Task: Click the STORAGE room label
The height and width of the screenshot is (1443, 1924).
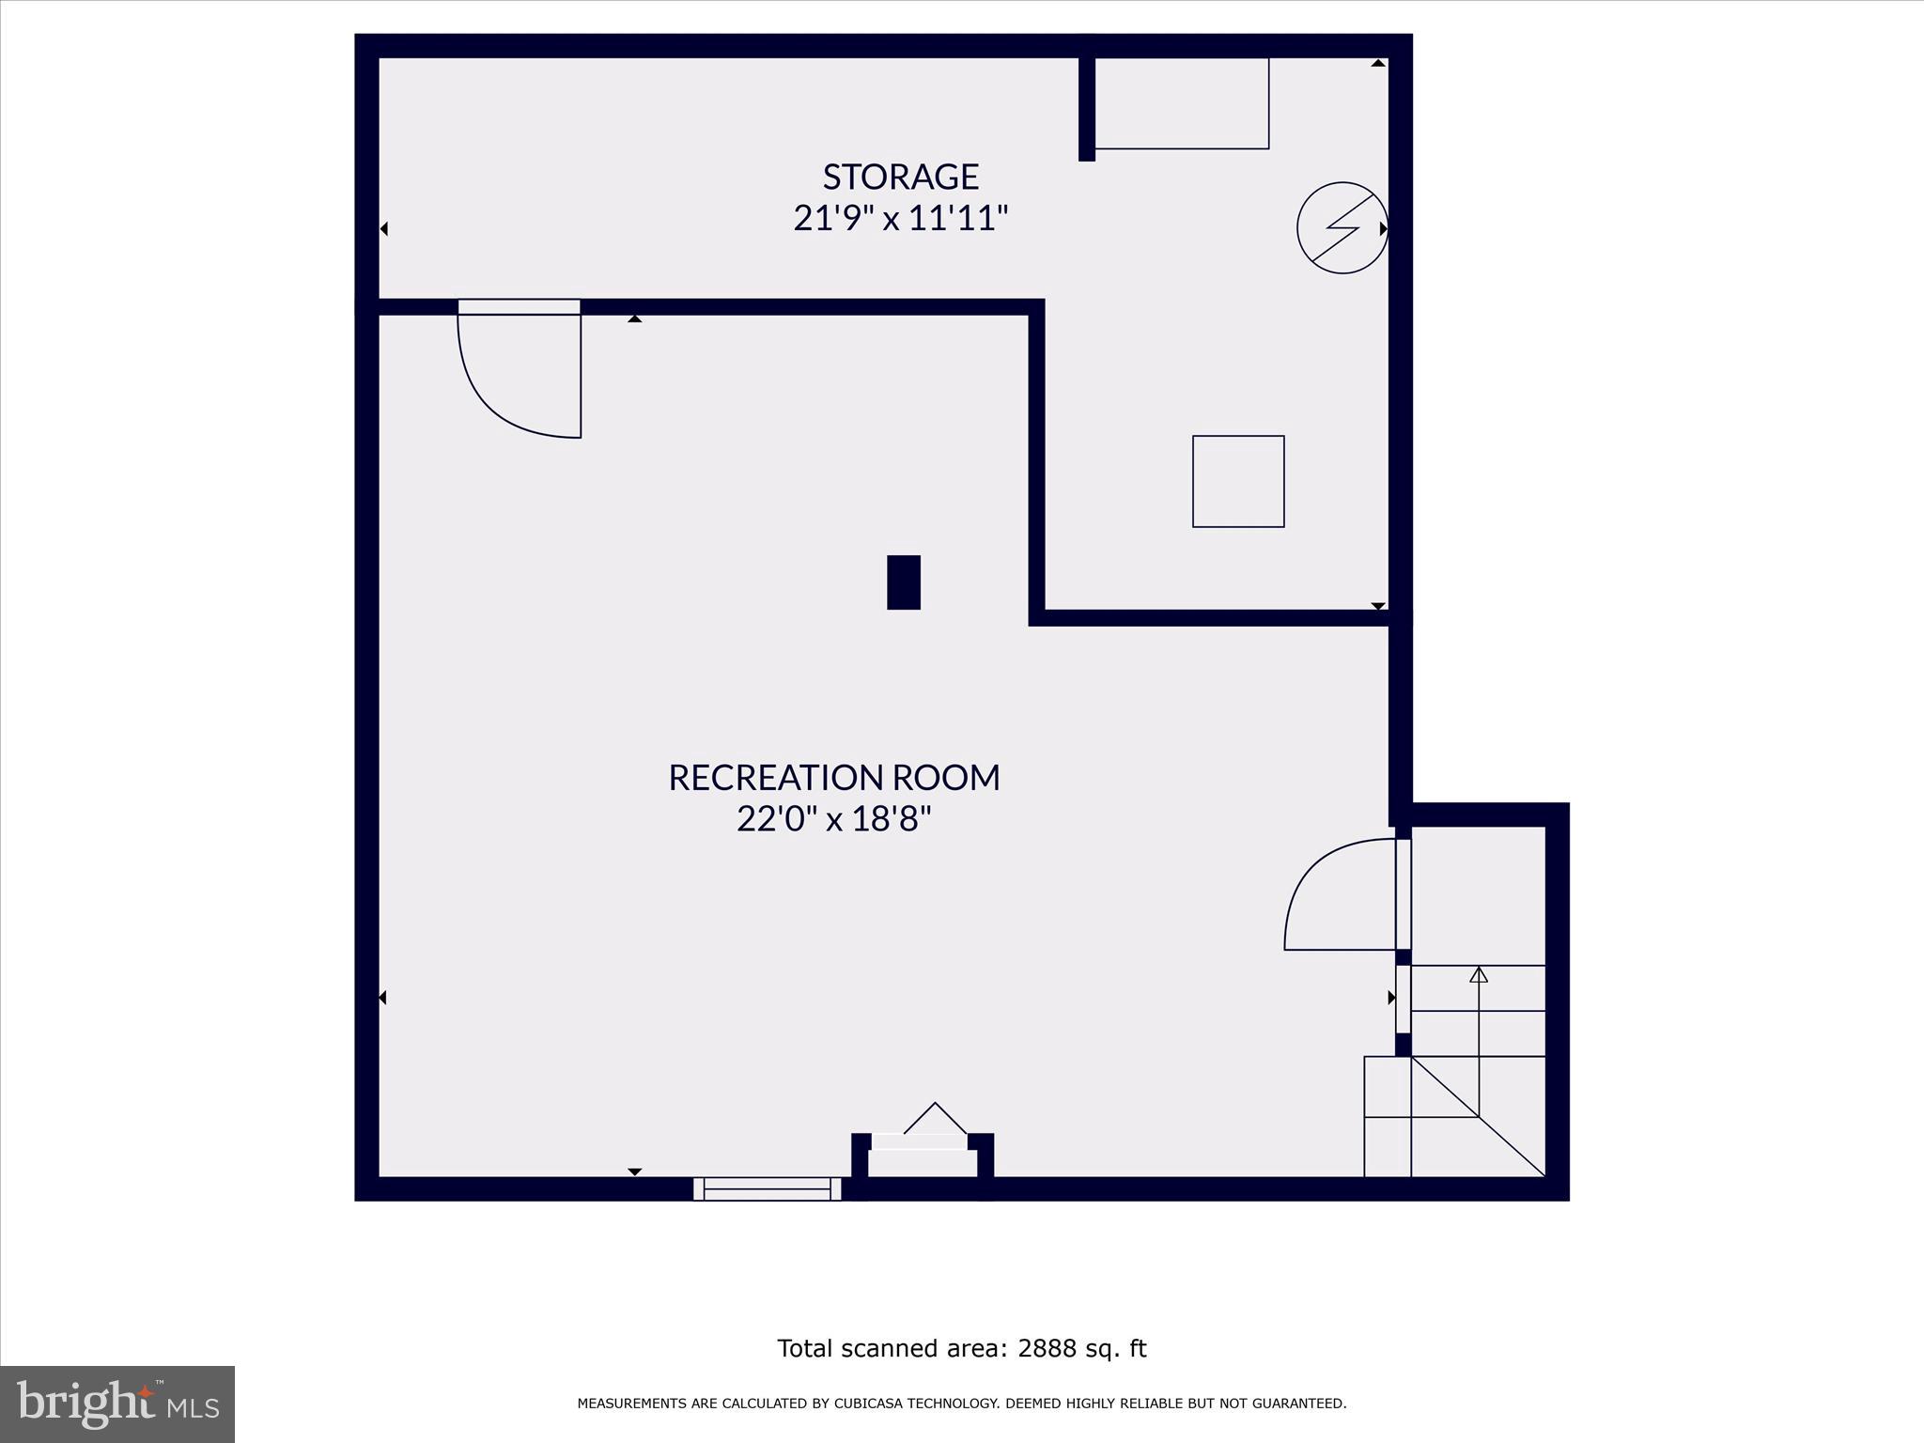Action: [900, 177]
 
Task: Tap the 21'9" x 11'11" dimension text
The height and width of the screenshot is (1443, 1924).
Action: [900, 219]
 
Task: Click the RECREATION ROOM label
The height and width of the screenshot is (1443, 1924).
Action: [833, 778]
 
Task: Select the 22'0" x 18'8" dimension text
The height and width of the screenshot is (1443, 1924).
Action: [833, 819]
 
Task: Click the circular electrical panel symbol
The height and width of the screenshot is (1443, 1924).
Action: [1342, 228]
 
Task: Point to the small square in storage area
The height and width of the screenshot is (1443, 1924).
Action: [1237, 481]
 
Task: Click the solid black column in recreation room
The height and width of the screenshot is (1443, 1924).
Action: [903, 582]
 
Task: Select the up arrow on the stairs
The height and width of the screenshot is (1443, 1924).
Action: [1479, 975]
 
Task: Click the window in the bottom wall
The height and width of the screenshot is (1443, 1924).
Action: [767, 1188]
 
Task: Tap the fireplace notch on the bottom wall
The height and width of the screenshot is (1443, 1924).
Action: [922, 1155]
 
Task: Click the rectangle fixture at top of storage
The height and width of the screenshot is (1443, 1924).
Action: [1181, 103]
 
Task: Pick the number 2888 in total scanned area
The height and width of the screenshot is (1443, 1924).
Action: [1046, 1349]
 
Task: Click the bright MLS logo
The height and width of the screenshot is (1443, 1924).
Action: [117, 1404]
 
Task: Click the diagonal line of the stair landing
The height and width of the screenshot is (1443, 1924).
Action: [1479, 1117]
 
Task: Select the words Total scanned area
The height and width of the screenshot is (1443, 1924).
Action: [888, 1349]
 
